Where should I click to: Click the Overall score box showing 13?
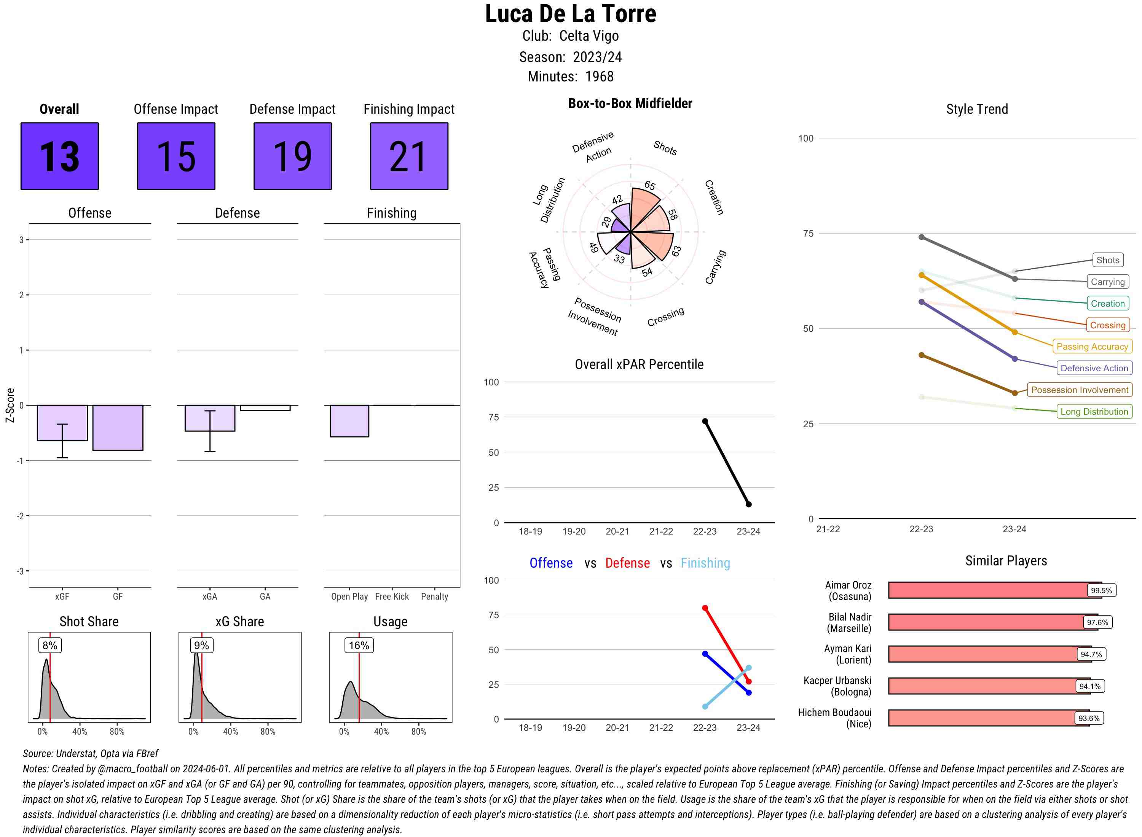(x=59, y=156)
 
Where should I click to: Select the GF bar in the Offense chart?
(x=118, y=427)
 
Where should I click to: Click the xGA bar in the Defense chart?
(x=210, y=418)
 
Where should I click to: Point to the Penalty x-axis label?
(x=434, y=596)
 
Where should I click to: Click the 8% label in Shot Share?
(x=49, y=645)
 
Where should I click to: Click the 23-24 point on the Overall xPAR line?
(x=748, y=504)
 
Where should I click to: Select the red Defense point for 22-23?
(x=705, y=608)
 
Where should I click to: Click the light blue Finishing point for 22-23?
(x=705, y=706)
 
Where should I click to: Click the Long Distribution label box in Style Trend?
(x=1094, y=411)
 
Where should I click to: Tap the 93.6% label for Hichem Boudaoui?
(x=1088, y=718)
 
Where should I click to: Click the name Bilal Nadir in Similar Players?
(x=850, y=617)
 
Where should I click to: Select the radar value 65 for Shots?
(x=650, y=185)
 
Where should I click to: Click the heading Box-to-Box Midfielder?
(x=630, y=103)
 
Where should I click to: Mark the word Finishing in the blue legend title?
(x=705, y=563)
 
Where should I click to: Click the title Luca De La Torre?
(x=570, y=14)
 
